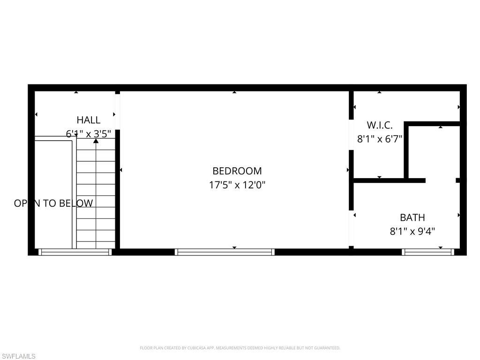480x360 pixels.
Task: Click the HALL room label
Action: [89, 120]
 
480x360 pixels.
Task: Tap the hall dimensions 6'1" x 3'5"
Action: [89, 134]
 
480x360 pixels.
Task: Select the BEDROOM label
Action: [237, 171]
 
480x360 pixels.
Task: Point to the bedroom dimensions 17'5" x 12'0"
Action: [237, 185]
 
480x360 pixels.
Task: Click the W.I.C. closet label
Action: [379, 125]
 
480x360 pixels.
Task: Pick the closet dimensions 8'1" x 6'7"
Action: [380, 139]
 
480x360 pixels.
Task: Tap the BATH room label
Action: [412, 217]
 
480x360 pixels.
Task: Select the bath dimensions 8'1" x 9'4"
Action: [412, 231]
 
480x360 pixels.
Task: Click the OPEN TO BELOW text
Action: [53, 203]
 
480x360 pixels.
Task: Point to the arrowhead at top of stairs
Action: [96, 140]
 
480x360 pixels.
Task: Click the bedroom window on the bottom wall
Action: [225, 252]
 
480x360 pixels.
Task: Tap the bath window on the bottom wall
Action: [428, 252]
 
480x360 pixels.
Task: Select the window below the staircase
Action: [75, 252]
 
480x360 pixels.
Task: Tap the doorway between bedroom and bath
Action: [351, 228]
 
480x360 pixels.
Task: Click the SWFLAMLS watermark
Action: [18, 357]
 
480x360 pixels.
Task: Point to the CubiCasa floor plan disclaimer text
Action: [240, 348]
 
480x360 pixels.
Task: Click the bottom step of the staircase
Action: [96, 244]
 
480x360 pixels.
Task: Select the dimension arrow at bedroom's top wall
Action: [234, 92]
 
